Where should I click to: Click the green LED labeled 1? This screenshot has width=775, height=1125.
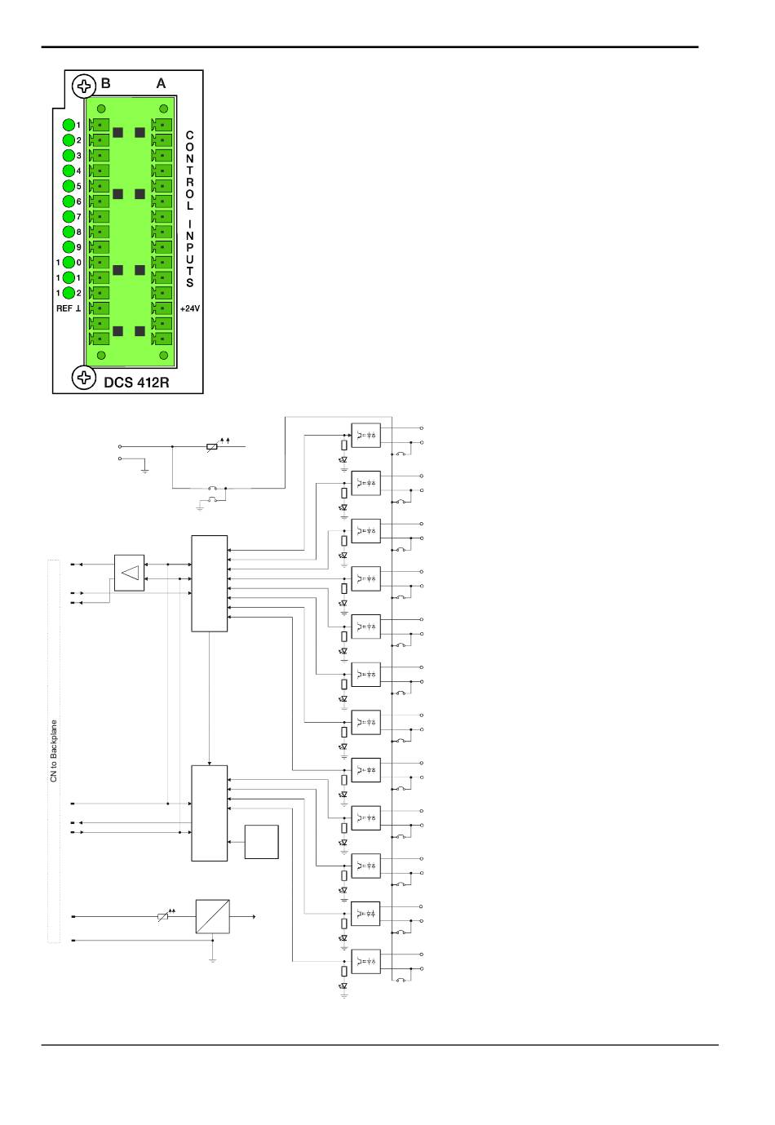pyautogui.click(x=69, y=125)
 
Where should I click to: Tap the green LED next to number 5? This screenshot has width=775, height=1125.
pyautogui.click(x=69, y=186)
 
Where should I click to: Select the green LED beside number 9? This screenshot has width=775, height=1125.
pyautogui.click(x=69, y=247)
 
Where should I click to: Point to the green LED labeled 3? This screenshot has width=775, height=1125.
pyautogui.click(x=69, y=155)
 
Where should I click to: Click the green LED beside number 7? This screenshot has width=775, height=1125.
pyautogui.click(x=69, y=216)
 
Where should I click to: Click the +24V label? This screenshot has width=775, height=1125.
pyautogui.click(x=189, y=308)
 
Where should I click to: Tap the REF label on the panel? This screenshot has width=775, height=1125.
pyautogui.click(x=64, y=308)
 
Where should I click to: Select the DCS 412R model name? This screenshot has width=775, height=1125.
pyautogui.click(x=136, y=381)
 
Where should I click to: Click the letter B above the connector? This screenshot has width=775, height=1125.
pyautogui.click(x=106, y=83)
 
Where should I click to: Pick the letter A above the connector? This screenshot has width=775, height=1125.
pyautogui.click(x=161, y=83)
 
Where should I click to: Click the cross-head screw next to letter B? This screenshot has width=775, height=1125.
pyautogui.click(x=84, y=85)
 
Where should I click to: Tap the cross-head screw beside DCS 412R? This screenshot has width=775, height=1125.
pyautogui.click(x=84, y=377)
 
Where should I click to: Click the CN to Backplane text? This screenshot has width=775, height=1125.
pyautogui.click(x=54, y=751)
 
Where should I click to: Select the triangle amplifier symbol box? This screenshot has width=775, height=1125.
pyautogui.click(x=129, y=574)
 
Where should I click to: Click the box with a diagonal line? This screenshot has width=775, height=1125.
pyautogui.click(x=212, y=916)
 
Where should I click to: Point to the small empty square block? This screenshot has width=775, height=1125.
pyautogui.click(x=261, y=842)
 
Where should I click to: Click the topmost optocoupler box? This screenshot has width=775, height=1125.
pyautogui.click(x=365, y=434)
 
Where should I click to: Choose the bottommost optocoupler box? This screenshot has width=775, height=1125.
pyautogui.click(x=365, y=961)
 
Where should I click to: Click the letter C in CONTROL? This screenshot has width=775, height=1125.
pyautogui.click(x=189, y=134)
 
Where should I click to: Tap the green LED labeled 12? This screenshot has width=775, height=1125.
pyautogui.click(x=69, y=292)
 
